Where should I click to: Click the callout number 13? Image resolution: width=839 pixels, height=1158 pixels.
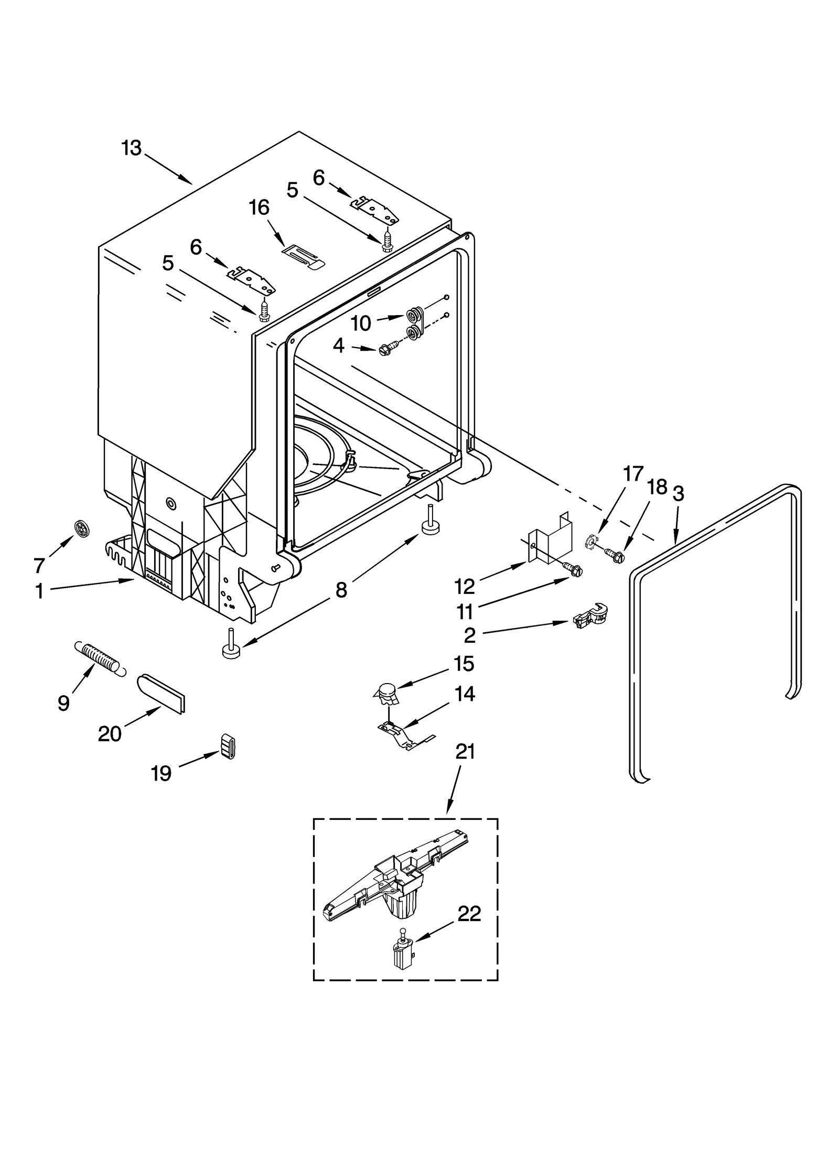[132, 148]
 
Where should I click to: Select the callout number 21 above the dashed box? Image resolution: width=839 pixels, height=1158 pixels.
[465, 752]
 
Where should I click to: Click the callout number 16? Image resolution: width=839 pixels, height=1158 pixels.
[259, 208]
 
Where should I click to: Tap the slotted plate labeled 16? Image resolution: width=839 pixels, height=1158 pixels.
[304, 257]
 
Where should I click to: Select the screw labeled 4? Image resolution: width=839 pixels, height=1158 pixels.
[387, 350]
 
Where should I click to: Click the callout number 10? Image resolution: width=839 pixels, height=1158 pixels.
[361, 323]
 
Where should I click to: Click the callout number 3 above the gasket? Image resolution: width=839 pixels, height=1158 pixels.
[678, 494]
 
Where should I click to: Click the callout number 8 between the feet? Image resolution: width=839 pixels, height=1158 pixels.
[341, 590]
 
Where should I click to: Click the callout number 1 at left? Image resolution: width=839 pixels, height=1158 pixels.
[39, 591]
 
